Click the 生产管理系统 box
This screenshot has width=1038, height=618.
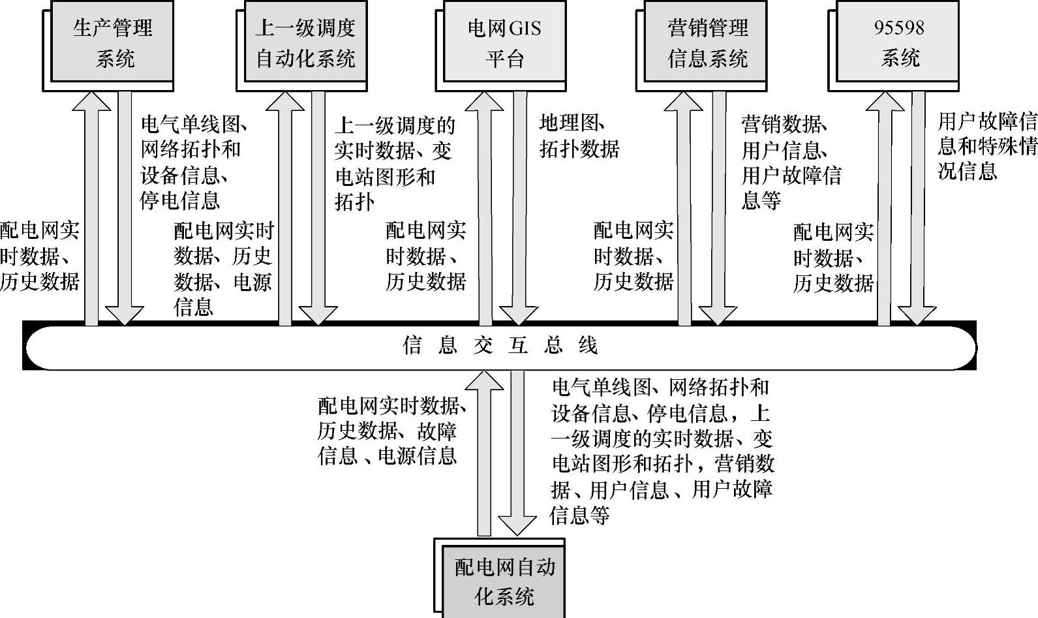[x=112, y=42]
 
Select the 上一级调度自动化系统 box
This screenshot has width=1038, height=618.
[x=305, y=42]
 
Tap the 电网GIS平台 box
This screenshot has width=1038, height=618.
[x=504, y=42]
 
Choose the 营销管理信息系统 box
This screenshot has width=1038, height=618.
[x=707, y=42]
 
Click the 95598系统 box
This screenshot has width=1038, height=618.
[x=900, y=42]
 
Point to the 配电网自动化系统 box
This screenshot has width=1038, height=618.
[x=504, y=581]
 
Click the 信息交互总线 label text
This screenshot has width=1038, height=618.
[x=500, y=345]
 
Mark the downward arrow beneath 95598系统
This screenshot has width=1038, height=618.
[x=917, y=209]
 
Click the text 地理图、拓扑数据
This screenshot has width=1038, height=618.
[x=579, y=136]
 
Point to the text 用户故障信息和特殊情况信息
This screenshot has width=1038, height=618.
[x=986, y=146]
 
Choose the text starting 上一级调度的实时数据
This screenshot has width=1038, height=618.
[x=394, y=163]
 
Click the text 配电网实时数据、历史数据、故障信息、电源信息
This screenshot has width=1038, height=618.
[x=391, y=431]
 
